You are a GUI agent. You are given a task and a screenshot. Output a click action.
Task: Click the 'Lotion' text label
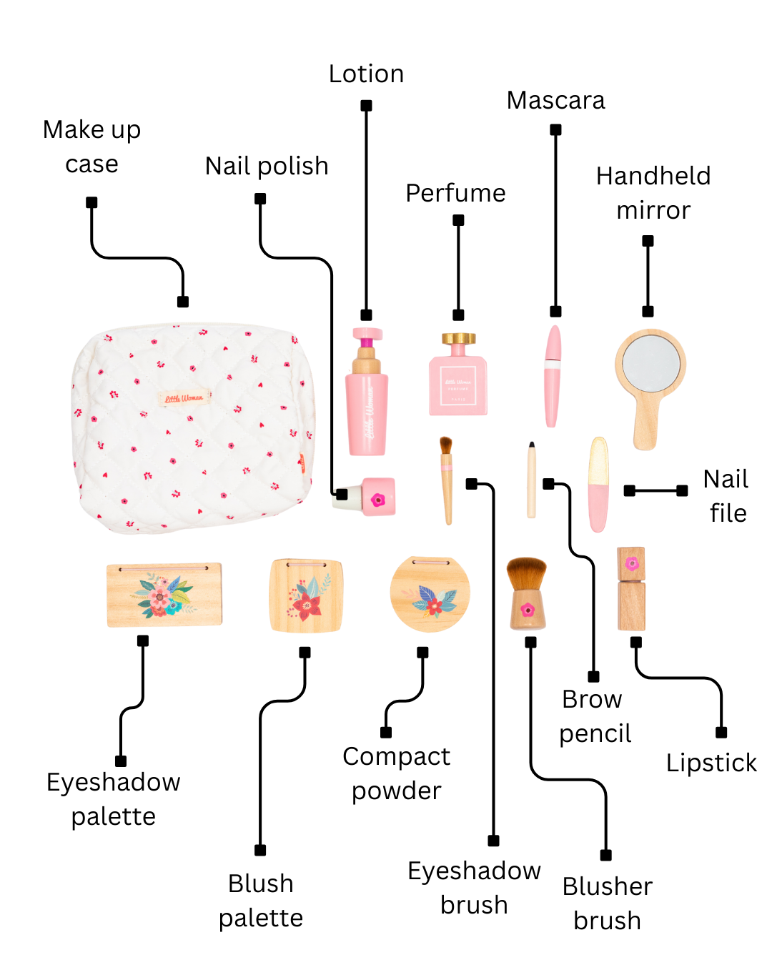point(366,74)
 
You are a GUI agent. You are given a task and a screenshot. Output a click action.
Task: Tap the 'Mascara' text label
point(555,101)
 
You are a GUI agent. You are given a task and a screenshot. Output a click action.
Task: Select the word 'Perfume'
point(455,194)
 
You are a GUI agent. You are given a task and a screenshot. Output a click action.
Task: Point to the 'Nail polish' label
point(267,167)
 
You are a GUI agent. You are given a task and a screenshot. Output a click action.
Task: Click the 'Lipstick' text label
point(711,763)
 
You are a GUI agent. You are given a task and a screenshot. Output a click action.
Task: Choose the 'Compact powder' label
point(397,773)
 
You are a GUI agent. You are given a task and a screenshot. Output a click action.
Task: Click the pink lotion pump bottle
point(367,407)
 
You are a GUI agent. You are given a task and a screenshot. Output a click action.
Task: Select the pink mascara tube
point(553,375)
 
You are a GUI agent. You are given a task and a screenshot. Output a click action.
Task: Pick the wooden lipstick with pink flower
point(631,590)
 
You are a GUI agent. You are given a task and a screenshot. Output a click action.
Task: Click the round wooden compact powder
point(430,595)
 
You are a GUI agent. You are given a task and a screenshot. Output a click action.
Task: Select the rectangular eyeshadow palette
point(164,595)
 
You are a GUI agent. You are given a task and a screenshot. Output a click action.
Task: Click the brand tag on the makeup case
point(184,398)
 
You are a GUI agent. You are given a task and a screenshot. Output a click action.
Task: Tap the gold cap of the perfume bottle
point(458,338)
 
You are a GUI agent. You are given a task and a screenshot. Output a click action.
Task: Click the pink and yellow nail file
point(598,484)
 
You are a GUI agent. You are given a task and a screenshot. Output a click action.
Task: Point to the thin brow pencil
point(531,480)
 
